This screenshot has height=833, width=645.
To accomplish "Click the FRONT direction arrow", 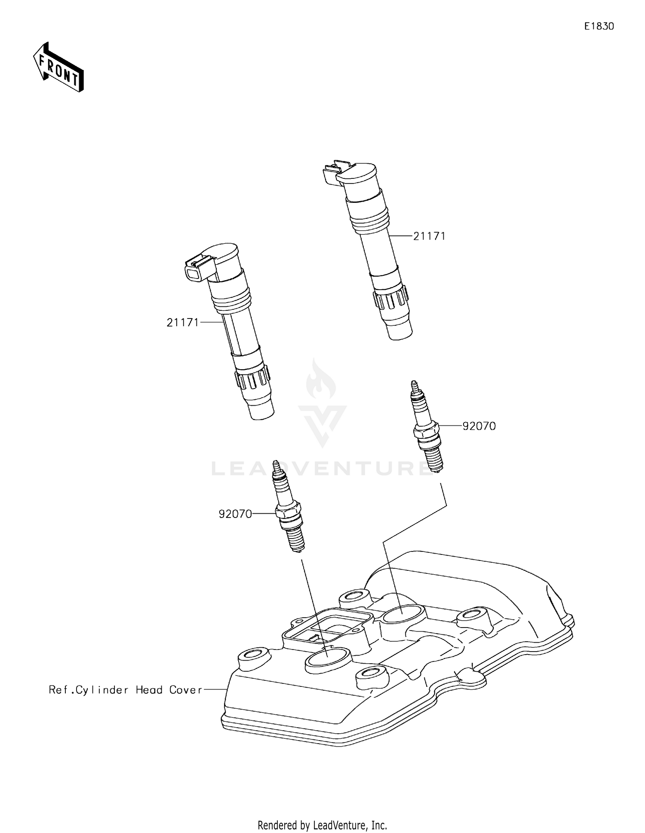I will click(58, 68).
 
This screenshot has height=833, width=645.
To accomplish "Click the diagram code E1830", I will click(599, 26).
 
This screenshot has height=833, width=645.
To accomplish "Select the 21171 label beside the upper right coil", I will click(429, 236).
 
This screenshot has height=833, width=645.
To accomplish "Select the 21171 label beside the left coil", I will click(183, 322).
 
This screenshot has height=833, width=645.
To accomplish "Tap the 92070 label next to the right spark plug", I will click(479, 426).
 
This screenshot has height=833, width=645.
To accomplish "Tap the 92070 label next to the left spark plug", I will click(235, 514).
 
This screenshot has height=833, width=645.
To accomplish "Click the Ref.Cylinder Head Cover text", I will click(125, 690).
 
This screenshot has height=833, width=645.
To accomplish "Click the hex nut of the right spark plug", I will click(426, 431).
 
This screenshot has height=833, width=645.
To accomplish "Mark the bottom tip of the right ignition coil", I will click(400, 331).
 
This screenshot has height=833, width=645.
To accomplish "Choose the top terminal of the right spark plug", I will click(414, 385).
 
